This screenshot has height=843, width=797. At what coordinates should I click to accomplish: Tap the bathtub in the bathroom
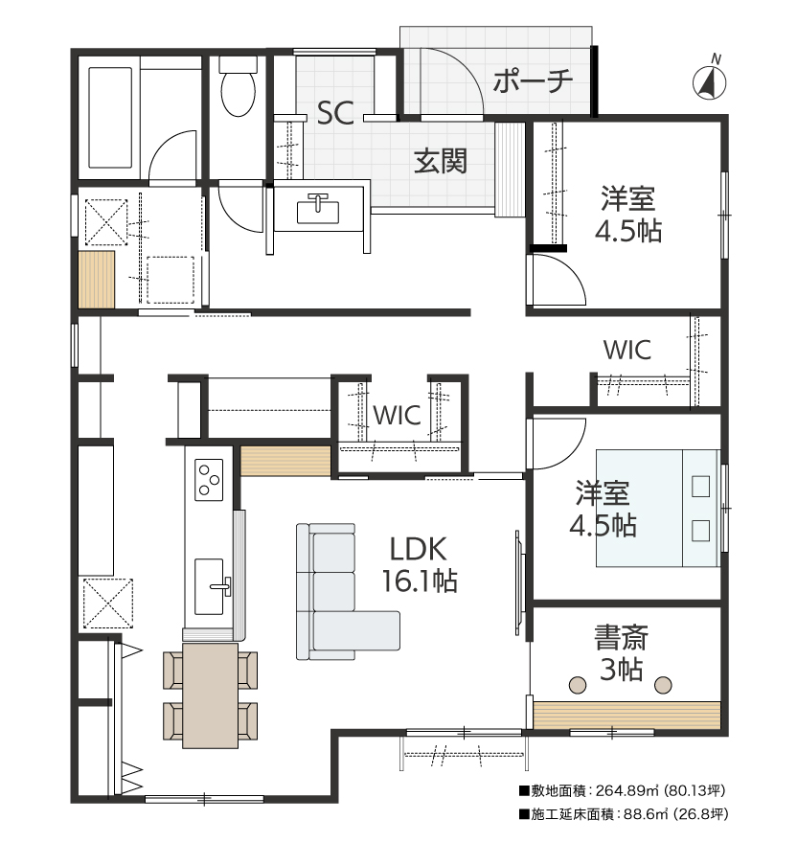click(x=110, y=117)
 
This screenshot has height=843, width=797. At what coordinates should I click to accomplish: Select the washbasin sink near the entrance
click(x=318, y=209)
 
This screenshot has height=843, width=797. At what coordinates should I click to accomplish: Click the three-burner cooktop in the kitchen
click(x=209, y=480)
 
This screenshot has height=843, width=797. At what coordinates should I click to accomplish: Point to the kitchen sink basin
click(x=209, y=586)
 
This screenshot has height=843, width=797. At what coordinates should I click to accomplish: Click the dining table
click(x=211, y=695)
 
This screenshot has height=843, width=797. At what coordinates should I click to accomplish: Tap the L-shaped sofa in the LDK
click(x=347, y=591)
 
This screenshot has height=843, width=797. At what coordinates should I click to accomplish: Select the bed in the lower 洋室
click(x=658, y=508)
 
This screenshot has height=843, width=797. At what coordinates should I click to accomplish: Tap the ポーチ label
click(x=533, y=81)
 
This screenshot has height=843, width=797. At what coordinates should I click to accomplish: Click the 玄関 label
click(x=441, y=160)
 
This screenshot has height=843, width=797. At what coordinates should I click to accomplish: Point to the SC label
click(x=335, y=113)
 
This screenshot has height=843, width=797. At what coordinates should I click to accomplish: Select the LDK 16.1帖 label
click(x=419, y=564)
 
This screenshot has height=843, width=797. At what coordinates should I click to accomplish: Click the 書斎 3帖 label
click(x=621, y=653)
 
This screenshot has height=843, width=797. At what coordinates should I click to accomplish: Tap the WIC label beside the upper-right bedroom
click(x=627, y=350)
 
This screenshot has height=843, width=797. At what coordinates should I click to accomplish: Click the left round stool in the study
click(x=578, y=685)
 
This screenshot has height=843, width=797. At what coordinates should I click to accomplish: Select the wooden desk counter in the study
click(x=626, y=715)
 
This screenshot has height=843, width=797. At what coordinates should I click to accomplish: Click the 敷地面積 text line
click(x=622, y=791)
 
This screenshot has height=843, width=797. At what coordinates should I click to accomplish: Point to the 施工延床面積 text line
click(x=624, y=814)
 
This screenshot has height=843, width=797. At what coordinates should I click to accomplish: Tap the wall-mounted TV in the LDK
click(x=519, y=582)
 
